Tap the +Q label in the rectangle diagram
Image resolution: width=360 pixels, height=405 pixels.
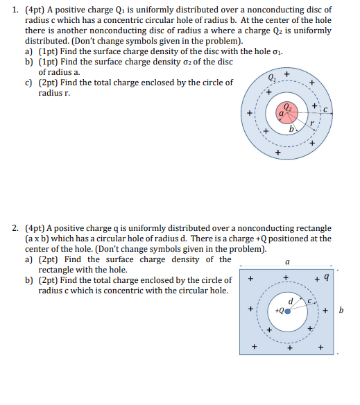[x=278, y=311]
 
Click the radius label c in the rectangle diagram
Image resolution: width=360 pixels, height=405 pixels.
[x=314, y=300]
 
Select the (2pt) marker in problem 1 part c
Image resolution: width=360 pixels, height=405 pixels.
[x=49, y=82]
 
